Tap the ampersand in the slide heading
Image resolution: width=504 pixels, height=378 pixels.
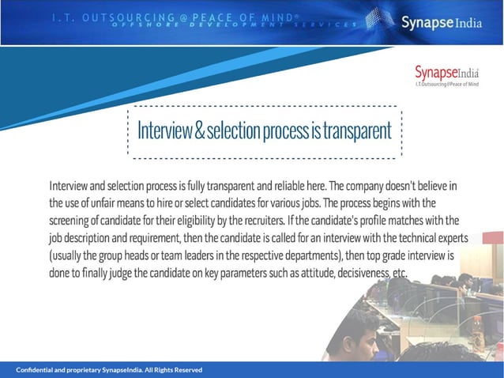tap(199, 131)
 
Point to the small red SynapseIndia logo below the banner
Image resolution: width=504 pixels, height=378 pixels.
tap(446, 74)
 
